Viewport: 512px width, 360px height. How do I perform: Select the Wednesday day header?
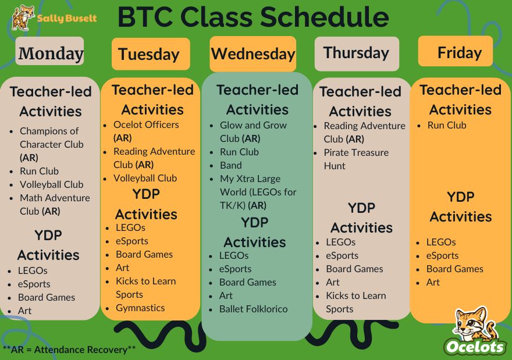[x=253, y=54]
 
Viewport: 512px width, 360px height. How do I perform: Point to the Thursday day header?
[x=357, y=54]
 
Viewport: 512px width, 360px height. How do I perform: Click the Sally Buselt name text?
[x=67, y=18]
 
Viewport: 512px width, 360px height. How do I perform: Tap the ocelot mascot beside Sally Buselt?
[x=23, y=17]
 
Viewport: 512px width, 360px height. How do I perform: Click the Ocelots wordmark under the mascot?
[x=475, y=347]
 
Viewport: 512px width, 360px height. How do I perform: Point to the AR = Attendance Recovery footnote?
[x=69, y=350]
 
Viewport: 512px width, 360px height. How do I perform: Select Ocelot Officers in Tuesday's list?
[x=146, y=131]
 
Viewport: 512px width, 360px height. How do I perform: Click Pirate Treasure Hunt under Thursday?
[x=356, y=159]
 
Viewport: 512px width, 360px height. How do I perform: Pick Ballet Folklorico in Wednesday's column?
[x=254, y=309]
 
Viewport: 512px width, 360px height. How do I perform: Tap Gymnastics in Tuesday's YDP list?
[x=140, y=308]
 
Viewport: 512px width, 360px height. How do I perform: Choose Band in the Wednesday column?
[x=231, y=166]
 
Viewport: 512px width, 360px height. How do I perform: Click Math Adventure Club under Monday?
[x=55, y=205]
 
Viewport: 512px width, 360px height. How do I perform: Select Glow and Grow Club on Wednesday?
[x=253, y=132]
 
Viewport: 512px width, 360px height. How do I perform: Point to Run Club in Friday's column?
[x=447, y=125]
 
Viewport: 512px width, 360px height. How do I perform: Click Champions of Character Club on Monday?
[x=52, y=144]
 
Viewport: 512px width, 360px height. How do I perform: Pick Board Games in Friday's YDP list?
[x=454, y=269]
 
